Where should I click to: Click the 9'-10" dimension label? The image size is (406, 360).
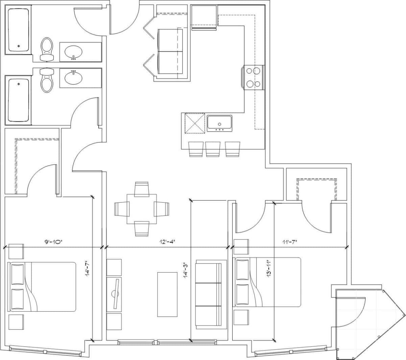54,242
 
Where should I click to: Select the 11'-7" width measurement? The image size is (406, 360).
290,242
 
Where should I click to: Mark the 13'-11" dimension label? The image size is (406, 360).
269,269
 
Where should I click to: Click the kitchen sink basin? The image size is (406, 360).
219,122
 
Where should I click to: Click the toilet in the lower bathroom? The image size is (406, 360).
47,80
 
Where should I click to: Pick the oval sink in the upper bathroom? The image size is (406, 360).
73,52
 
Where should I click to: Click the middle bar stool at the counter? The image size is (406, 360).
213,149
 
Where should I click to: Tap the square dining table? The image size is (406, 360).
142,209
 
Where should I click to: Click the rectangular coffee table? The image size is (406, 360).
167,294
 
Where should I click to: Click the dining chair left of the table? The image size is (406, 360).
122,209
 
